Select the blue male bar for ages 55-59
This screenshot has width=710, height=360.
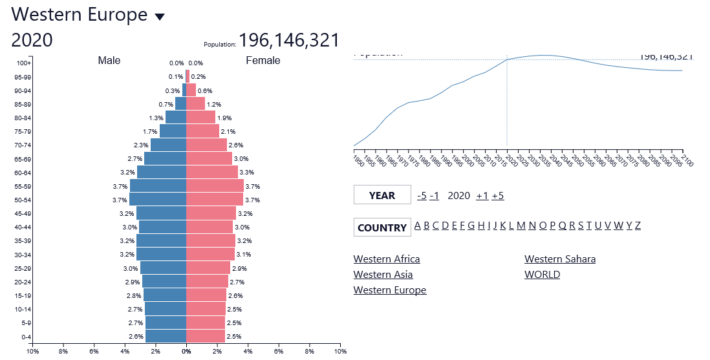tap(158, 186)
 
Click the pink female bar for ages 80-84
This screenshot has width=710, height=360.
tap(200, 118)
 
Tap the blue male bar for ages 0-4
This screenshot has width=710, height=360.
tap(166, 336)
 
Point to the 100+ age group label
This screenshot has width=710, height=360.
tap(24, 63)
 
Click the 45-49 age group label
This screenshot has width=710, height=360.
tap(23, 213)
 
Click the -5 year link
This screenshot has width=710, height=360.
tap(422, 196)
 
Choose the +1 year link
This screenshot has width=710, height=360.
tap(482, 196)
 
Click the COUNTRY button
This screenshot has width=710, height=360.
tap(382, 228)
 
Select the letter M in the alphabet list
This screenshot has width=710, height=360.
tap(521, 226)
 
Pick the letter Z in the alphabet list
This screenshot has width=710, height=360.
tap(638, 226)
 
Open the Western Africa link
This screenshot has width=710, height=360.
tap(387, 259)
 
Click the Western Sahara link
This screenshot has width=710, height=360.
tap(560, 259)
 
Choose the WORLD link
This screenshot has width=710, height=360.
tap(542, 275)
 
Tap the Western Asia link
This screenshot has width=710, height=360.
tap(383, 275)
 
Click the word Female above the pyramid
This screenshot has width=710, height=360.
tap(263, 61)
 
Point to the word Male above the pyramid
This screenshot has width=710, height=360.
tap(109, 61)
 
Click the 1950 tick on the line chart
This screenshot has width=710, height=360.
tap(355, 159)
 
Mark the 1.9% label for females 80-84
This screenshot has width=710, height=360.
tap(224, 118)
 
